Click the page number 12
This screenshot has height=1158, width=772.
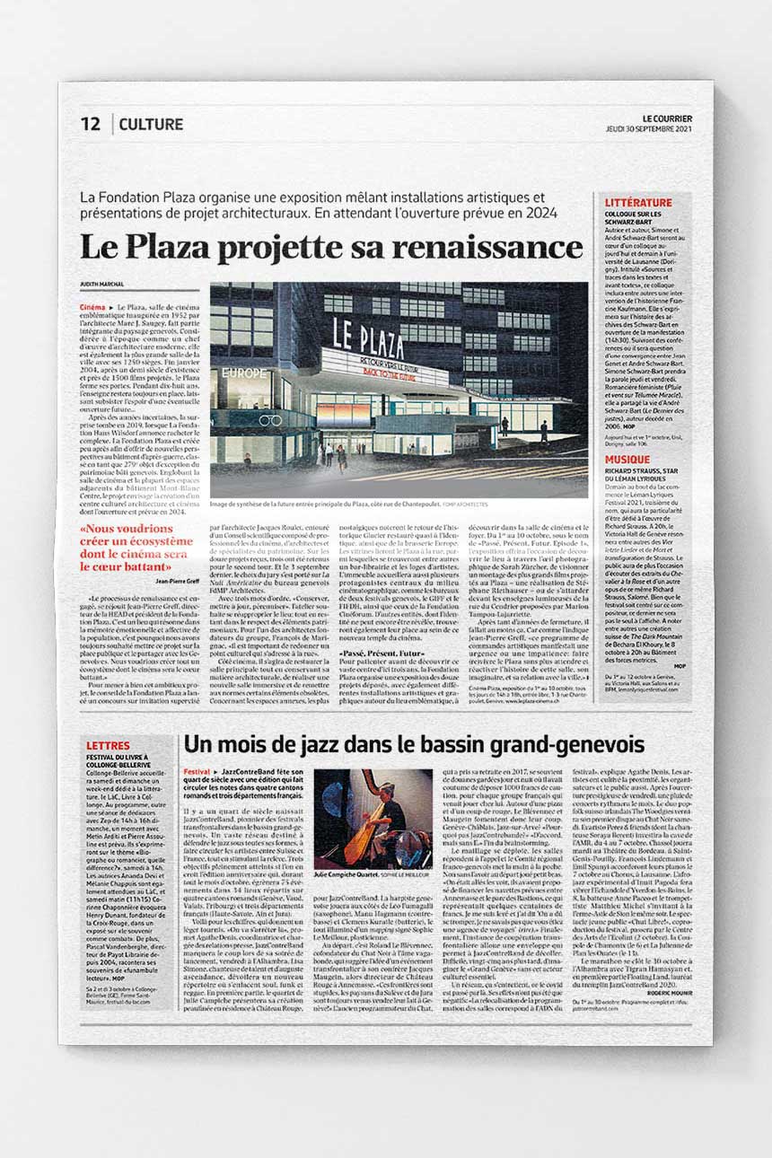click(91, 125)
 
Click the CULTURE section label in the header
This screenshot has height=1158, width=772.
click(151, 125)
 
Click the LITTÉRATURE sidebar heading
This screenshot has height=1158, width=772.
click(637, 203)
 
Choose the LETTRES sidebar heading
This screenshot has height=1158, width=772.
click(108, 746)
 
